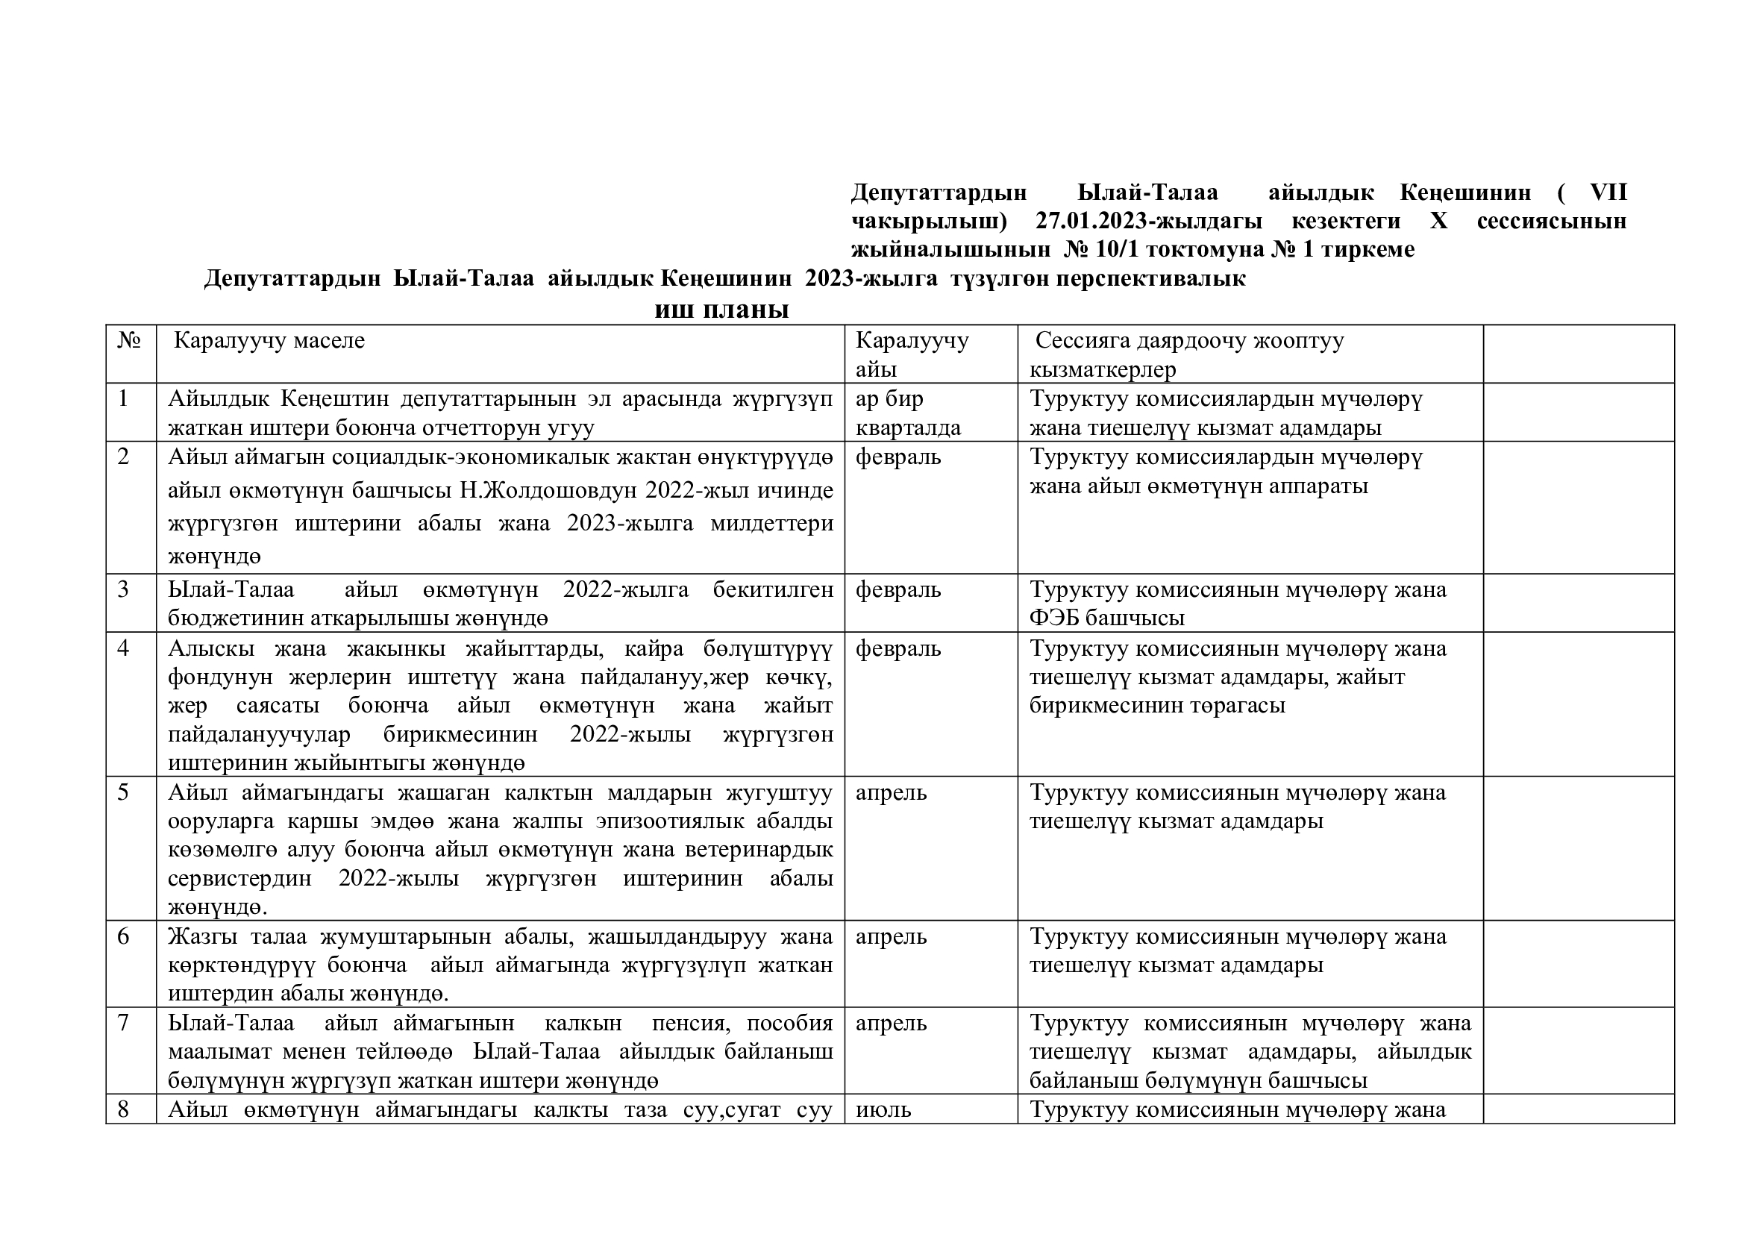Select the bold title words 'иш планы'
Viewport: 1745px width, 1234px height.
(721, 310)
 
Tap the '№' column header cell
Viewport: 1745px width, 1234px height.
(130, 340)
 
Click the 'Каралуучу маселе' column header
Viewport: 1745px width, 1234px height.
(269, 340)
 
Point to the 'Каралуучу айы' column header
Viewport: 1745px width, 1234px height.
(912, 354)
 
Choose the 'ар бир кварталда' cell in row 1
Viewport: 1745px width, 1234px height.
(908, 413)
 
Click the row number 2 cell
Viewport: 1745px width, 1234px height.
(124, 457)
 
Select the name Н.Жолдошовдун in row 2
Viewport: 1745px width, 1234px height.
(547, 490)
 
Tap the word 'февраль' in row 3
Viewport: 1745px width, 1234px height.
(898, 589)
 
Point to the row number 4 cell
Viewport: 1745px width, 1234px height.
(124, 648)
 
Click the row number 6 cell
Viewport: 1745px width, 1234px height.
(124, 936)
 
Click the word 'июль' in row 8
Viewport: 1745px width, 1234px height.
(883, 1109)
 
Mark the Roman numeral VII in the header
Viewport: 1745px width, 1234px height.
(1608, 192)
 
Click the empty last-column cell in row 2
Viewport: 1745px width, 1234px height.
(1579, 507)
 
